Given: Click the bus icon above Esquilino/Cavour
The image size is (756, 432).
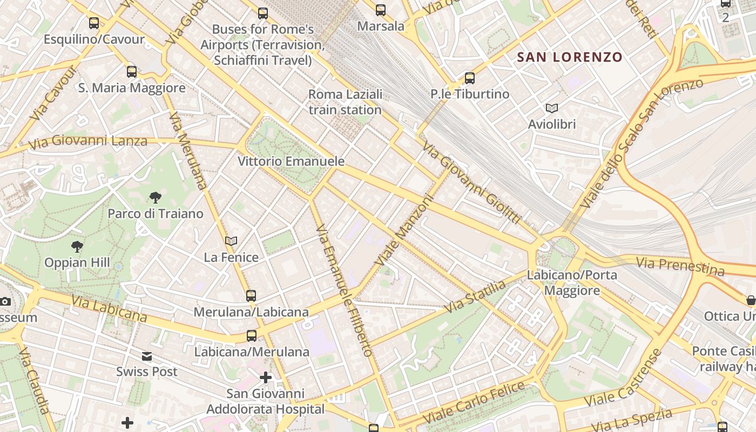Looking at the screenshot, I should [94, 23].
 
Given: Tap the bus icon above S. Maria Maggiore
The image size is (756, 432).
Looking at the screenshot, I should [132, 72].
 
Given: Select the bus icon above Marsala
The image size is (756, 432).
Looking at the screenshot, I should [381, 10].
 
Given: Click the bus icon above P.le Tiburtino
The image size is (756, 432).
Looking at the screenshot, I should [470, 78].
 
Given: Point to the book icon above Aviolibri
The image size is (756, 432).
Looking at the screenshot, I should [551, 109].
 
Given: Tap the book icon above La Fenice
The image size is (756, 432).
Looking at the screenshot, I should [231, 241].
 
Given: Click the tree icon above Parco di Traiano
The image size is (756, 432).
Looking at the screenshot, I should [155, 198].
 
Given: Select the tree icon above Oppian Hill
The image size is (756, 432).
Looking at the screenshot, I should [77, 247].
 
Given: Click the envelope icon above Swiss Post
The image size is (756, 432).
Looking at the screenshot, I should [147, 356].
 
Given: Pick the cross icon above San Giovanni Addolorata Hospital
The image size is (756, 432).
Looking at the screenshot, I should [265, 377].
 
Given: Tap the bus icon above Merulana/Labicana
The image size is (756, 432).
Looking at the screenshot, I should [251, 296].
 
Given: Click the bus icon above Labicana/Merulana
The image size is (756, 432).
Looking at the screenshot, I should [252, 336].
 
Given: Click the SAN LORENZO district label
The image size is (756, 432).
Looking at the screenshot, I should [570, 57].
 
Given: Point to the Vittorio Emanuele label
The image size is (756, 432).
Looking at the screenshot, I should [291, 161].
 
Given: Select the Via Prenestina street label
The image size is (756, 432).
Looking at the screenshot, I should [680, 266].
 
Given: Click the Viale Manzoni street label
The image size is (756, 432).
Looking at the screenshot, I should [406, 229].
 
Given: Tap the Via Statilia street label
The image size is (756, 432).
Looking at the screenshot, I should [475, 296].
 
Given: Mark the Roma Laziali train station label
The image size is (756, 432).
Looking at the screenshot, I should [345, 102].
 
